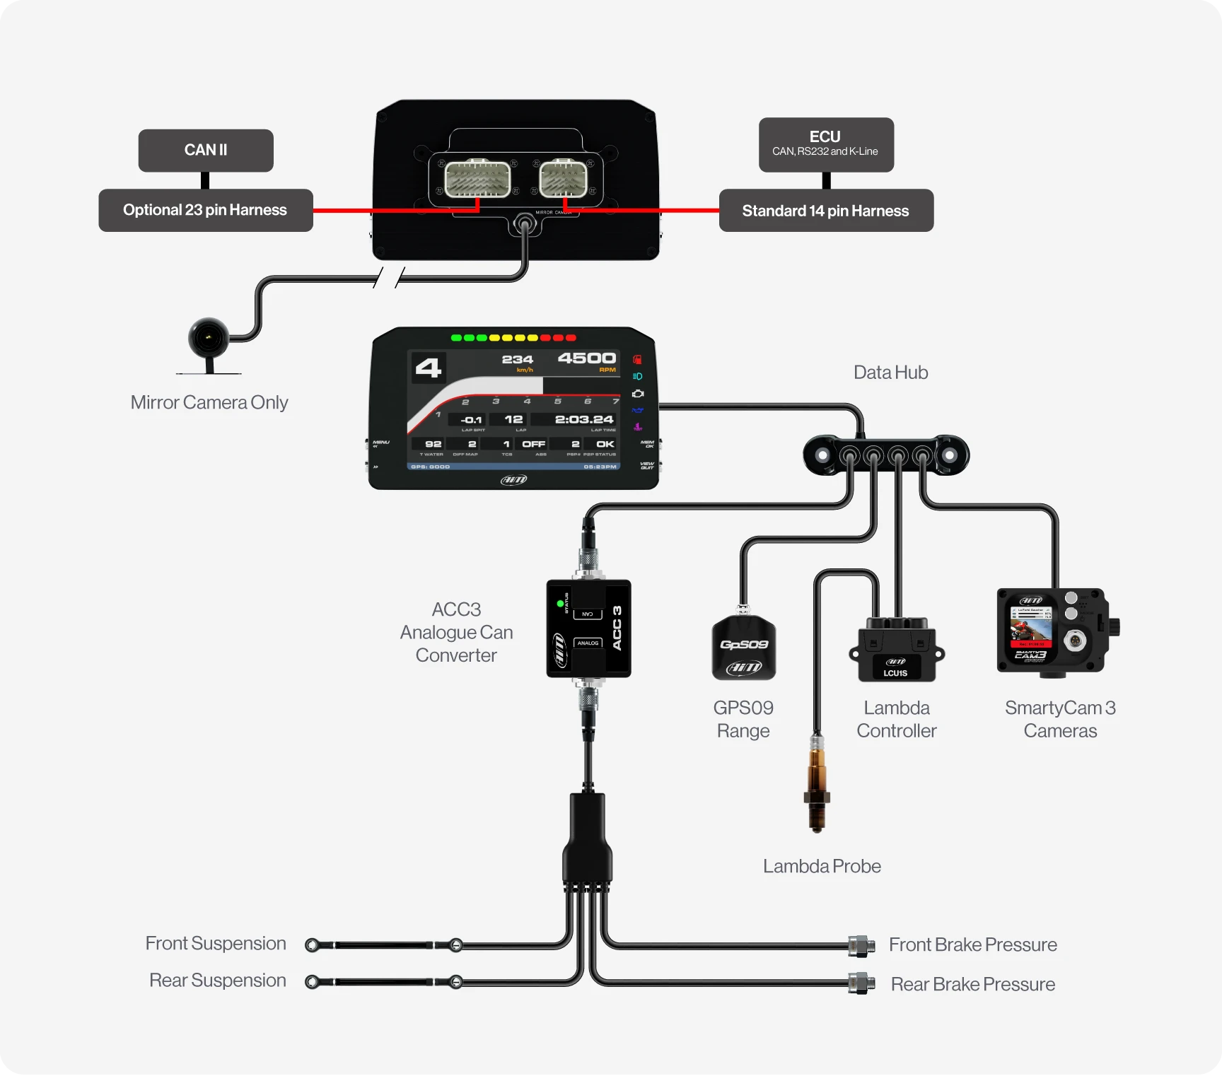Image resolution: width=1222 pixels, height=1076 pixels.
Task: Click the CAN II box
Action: point(206,150)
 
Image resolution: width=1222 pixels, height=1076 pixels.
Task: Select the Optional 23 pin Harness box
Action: point(206,210)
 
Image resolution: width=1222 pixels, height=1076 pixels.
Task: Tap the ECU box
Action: point(826,144)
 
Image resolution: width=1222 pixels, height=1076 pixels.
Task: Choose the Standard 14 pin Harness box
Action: point(826,211)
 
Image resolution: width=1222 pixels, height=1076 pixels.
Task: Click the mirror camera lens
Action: point(209,338)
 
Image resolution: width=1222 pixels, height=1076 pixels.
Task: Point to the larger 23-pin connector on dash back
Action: point(478,179)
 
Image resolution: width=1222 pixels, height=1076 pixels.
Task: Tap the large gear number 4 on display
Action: point(429,368)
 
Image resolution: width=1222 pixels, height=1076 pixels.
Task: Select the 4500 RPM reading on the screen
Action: point(586,358)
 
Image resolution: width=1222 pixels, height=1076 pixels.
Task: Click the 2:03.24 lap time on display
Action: point(584,419)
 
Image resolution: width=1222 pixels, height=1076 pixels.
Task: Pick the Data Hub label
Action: point(890,373)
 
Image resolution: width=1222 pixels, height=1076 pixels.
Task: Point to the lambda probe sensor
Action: point(817,785)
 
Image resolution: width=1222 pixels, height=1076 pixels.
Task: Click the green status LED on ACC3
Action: point(560,604)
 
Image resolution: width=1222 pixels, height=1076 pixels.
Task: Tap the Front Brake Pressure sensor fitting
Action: point(861,945)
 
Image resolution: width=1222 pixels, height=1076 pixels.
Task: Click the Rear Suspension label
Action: point(218,981)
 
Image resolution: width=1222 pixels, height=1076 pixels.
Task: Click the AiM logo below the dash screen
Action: point(514,480)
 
